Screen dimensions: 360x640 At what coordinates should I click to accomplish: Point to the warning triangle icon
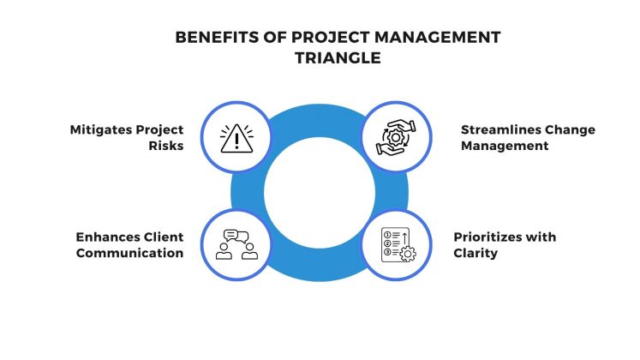237,137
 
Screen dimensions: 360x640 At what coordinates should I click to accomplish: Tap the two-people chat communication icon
237,245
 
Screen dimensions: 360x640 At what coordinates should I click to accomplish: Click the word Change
571,129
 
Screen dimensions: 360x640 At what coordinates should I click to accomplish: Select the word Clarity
477,254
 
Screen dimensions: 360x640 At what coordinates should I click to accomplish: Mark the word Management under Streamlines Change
503,146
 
